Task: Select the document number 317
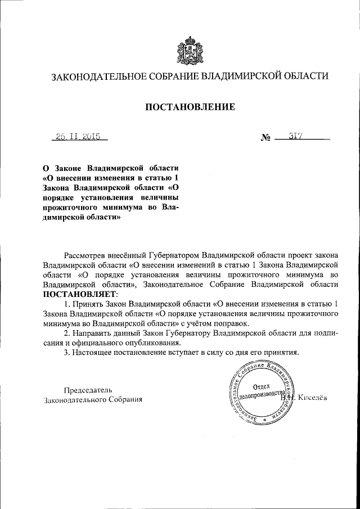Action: point(296,136)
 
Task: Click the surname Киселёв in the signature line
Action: point(313,398)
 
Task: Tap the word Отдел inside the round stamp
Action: point(262,386)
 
